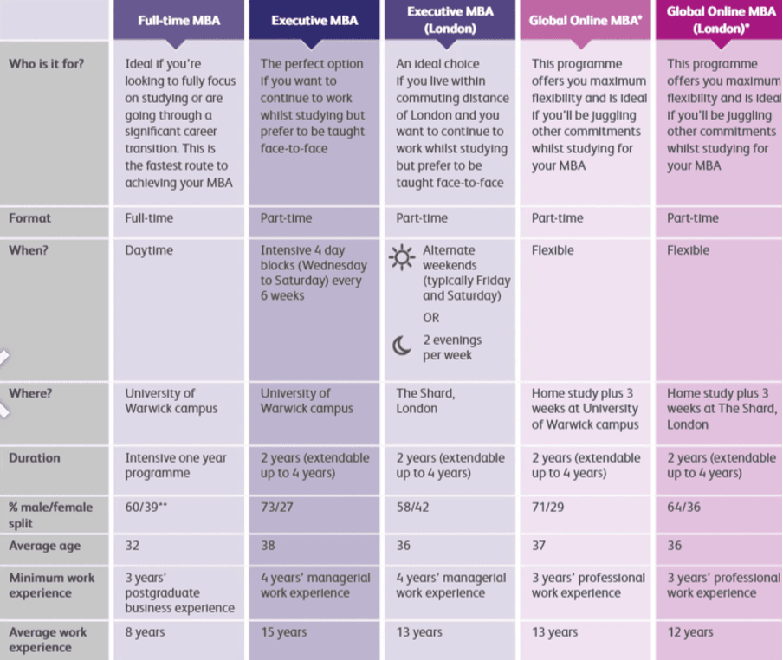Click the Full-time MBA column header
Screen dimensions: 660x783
[x=179, y=21]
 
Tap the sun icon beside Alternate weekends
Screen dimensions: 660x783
[x=402, y=257]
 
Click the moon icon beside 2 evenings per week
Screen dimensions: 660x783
[x=402, y=346]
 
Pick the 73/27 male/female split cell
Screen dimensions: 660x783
[x=277, y=507]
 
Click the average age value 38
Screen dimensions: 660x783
[x=269, y=546]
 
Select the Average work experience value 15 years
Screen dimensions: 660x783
[x=284, y=632]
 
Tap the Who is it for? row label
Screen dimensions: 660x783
[x=47, y=64]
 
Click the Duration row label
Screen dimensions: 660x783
[x=35, y=457]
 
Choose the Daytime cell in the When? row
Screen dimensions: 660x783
[x=149, y=250]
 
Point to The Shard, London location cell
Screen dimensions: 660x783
[x=425, y=400]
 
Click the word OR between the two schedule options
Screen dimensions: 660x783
[x=430, y=318]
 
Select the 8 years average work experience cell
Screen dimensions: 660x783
[x=145, y=632]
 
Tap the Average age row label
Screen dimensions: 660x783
[x=44, y=546]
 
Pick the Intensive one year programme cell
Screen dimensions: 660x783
[x=176, y=465]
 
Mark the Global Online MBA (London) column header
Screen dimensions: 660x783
[x=721, y=20]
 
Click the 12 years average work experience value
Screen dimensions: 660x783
[x=691, y=632]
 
